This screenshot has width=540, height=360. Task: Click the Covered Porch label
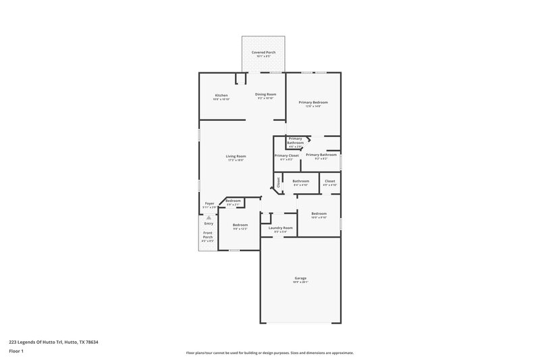tap(264, 52)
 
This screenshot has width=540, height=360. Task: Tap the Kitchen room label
tap(221, 95)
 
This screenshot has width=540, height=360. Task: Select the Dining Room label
tap(265, 94)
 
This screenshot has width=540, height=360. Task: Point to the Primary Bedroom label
tap(313, 102)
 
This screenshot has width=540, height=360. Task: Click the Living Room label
tap(236, 156)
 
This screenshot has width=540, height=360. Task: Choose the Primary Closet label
tap(286, 155)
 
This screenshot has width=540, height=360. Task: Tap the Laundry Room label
tap(280, 228)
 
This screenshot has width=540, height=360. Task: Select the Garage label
tap(300, 278)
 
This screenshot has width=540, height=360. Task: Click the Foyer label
tap(210, 203)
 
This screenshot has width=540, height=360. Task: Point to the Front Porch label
tap(208, 235)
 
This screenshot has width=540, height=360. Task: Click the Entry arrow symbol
tap(209, 217)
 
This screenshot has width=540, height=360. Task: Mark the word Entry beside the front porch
tap(209, 224)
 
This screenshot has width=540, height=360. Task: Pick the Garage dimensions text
tap(300, 282)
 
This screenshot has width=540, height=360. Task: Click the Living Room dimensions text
tap(236, 160)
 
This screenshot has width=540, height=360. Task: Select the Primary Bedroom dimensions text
tap(313, 106)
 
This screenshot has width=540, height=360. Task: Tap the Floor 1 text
tap(16, 351)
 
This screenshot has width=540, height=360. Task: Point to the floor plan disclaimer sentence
tap(270, 353)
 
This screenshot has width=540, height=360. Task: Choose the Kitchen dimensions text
tap(221, 99)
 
